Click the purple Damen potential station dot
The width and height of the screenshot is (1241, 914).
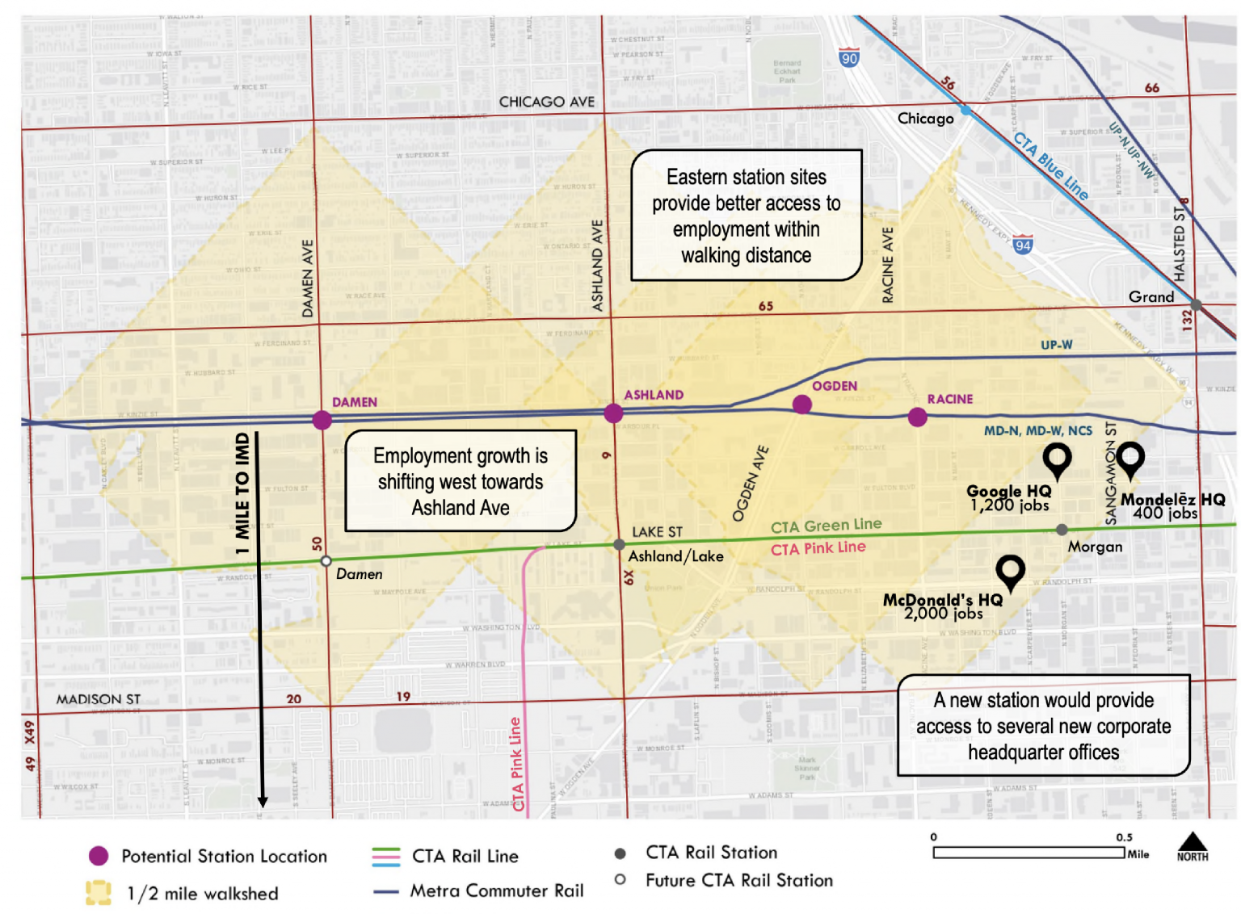coord(322,420)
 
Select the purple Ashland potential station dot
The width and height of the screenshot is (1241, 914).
coord(613,413)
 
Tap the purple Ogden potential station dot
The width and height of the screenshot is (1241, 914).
coord(801,404)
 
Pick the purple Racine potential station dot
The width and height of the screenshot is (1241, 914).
coord(917,417)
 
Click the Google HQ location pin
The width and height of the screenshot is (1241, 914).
coord(1057,459)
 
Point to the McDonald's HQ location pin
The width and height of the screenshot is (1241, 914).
coord(1010,571)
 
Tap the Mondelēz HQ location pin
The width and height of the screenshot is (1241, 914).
coord(1130,458)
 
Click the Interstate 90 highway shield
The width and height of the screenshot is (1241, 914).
coord(849,58)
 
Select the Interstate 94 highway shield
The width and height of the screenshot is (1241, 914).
coord(1023,245)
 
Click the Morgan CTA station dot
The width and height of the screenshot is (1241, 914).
coord(1062,530)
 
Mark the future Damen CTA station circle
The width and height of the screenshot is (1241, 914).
coord(326,560)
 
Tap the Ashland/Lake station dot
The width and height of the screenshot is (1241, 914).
coord(619,545)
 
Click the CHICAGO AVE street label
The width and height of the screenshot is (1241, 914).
coord(546,103)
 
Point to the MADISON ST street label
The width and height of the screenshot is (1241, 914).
coord(98,699)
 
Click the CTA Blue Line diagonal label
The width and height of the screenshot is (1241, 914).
coord(1050,166)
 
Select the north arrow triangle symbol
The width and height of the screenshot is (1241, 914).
coord(1193,842)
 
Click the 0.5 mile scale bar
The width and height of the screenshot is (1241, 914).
coord(1029,853)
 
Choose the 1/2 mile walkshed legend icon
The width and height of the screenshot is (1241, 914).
coord(99,892)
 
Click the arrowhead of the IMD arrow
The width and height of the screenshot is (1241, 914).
coord(263,801)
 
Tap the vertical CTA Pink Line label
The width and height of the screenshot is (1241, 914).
coord(516,764)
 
